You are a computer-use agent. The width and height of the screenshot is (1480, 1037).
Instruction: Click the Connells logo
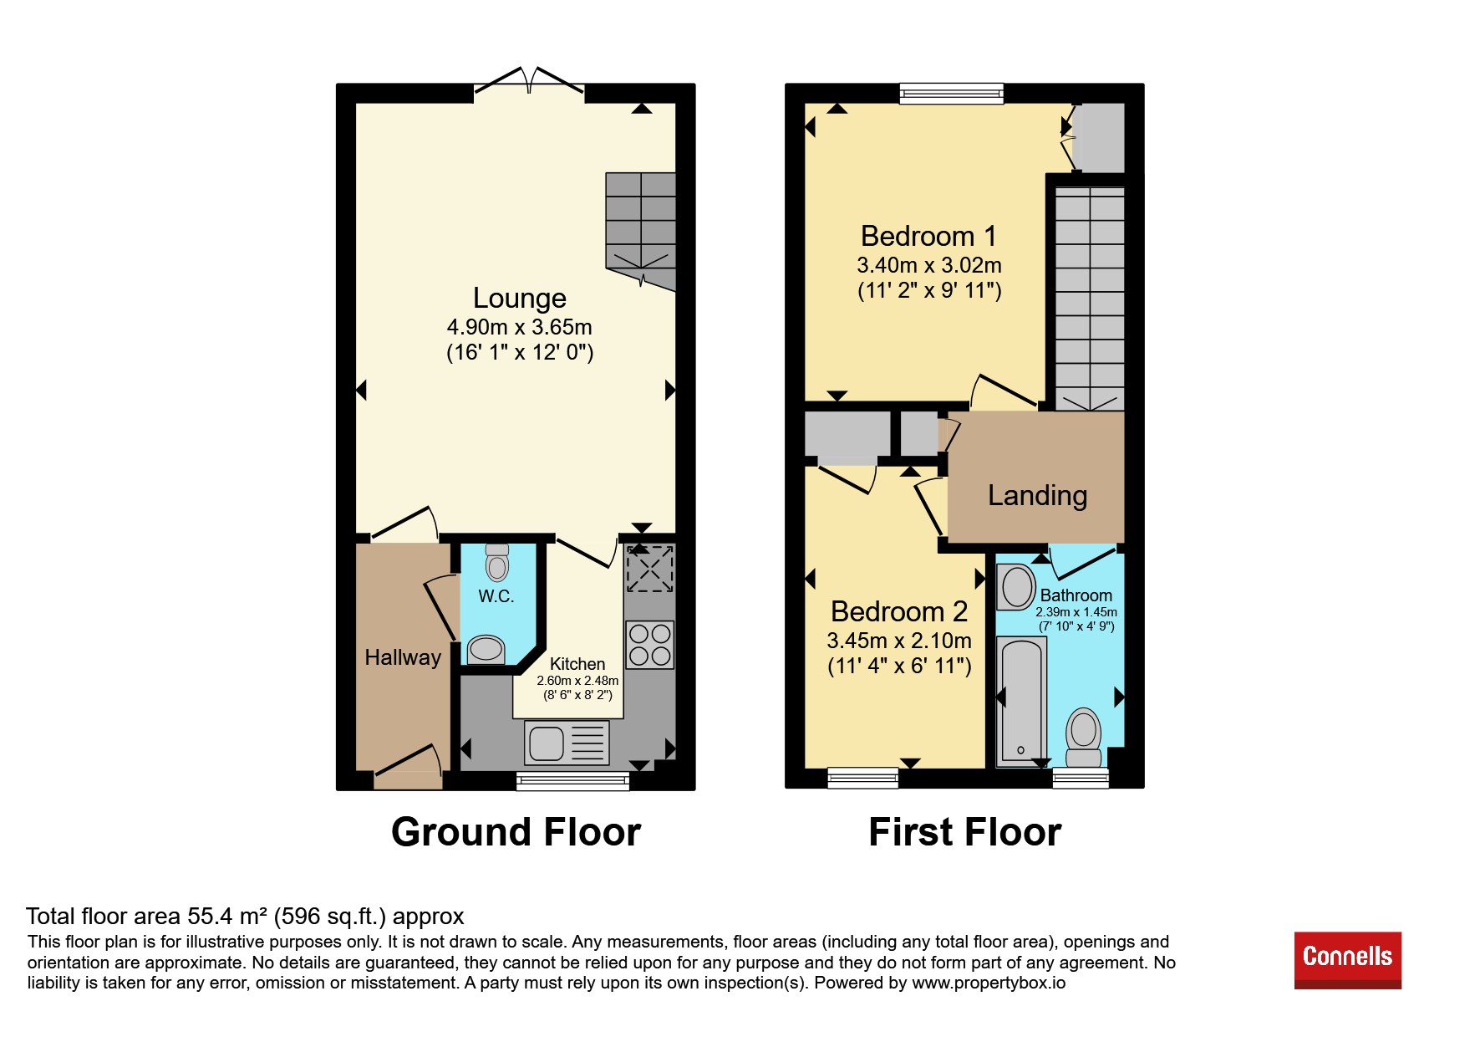[x=1347, y=959]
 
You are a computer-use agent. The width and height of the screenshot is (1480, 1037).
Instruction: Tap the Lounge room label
[x=519, y=298]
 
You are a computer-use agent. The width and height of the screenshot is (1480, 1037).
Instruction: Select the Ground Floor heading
[x=516, y=832]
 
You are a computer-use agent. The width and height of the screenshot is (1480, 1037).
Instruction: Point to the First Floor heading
[x=964, y=832]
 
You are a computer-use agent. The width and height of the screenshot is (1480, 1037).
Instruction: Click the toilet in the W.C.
[x=497, y=562]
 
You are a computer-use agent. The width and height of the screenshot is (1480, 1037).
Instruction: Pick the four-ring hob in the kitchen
[x=650, y=644]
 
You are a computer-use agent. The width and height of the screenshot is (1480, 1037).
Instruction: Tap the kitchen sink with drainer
[x=567, y=743]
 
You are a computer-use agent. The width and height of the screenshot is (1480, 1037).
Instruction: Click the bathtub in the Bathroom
[x=1021, y=701]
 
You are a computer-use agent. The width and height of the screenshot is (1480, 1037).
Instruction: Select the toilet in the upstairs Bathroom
[x=1084, y=738]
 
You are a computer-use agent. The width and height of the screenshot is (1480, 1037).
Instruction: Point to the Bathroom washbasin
[x=1017, y=587]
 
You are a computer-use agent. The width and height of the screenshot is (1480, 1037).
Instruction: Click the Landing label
[x=1037, y=495]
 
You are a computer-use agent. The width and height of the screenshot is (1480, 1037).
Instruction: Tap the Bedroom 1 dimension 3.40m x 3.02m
[x=928, y=265]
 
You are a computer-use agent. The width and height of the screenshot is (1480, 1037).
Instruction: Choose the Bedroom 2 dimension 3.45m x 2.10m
[x=899, y=641]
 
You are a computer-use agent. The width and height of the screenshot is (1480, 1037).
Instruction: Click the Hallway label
[x=403, y=657]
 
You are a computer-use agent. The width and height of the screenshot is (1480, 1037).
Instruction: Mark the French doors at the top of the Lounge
[x=529, y=82]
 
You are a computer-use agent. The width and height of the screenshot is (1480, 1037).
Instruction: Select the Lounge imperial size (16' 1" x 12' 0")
[x=520, y=352]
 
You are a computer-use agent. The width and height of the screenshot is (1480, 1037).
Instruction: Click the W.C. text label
[x=496, y=596]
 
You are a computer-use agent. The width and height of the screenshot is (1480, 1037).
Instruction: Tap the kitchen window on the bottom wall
[x=572, y=781]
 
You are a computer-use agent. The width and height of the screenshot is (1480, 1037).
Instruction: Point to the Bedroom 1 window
[x=951, y=93]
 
